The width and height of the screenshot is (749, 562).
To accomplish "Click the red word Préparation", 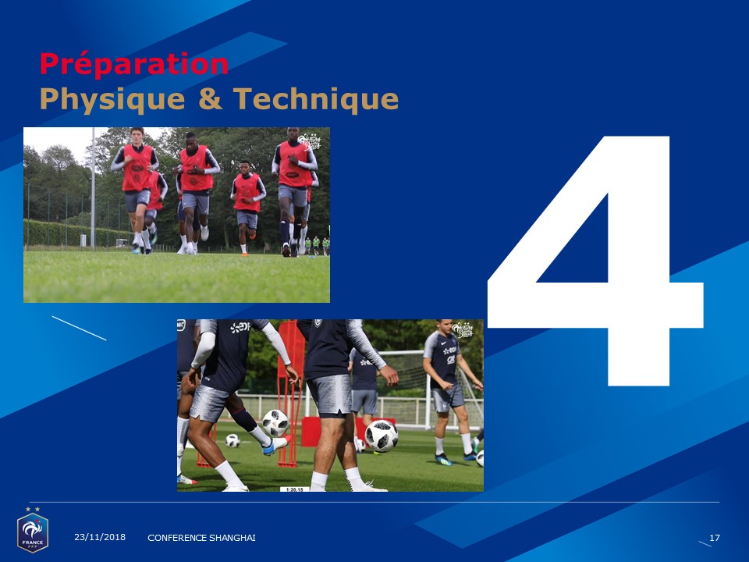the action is [x=133, y=64].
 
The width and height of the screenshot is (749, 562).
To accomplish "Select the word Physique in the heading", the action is [x=112, y=99].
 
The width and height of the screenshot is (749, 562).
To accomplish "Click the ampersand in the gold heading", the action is [x=210, y=98].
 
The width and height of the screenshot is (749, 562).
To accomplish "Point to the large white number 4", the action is [x=595, y=261].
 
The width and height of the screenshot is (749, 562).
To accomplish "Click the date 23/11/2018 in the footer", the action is [x=100, y=537].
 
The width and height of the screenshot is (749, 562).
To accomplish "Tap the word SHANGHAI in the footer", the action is [x=234, y=538].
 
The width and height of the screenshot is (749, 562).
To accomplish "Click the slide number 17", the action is [x=715, y=538].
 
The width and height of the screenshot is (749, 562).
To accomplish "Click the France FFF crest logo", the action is [x=33, y=530].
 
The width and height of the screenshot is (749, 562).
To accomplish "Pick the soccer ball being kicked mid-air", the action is [x=275, y=423].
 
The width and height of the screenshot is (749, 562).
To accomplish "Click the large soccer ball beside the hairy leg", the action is [x=382, y=436].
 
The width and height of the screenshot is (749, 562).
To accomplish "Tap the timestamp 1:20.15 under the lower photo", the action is [x=295, y=489].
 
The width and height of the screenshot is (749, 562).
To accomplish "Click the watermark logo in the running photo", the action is [x=310, y=141].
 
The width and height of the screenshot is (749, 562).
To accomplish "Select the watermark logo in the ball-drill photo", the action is [x=463, y=330].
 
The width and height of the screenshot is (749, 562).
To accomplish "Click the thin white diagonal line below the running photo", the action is [x=80, y=329].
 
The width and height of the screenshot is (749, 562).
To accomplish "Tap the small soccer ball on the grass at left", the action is [x=233, y=440].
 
